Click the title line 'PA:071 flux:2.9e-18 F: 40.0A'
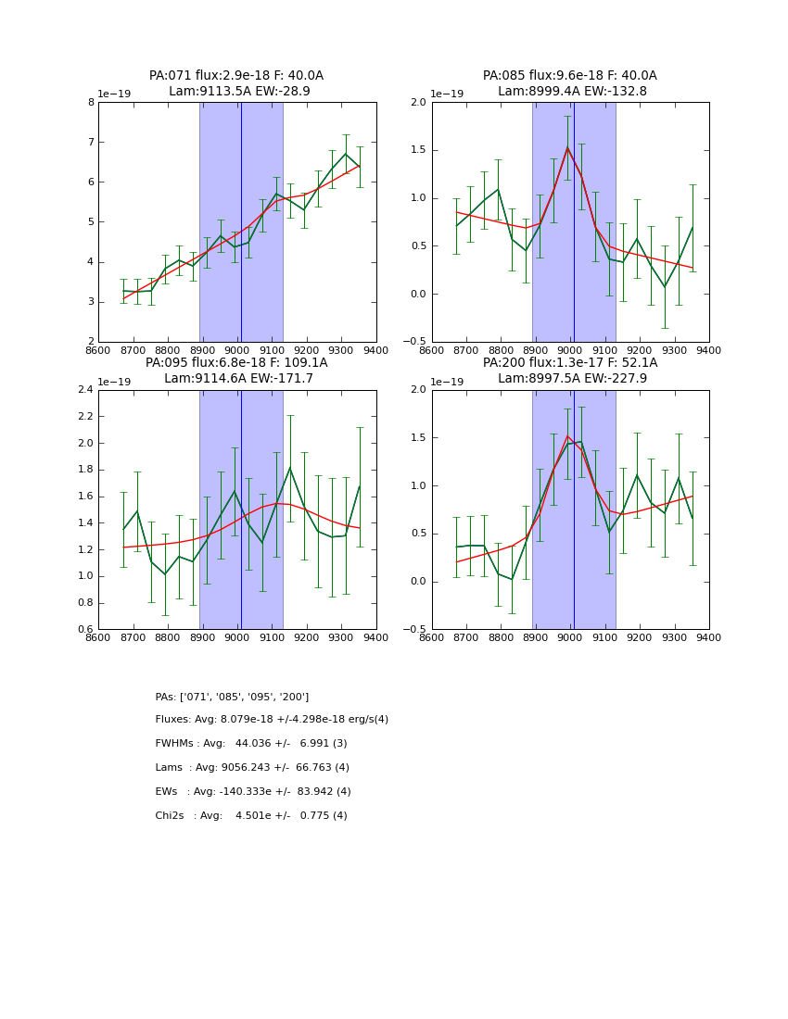[236, 76]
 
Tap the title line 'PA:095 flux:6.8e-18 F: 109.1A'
[236, 363]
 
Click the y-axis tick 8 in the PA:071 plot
[91, 103]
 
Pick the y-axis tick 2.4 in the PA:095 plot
[85, 390]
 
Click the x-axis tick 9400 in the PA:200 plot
[709, 637]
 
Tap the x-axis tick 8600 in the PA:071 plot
[98, 350]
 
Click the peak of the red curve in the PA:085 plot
[567, 147]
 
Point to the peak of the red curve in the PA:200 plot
[567, 436]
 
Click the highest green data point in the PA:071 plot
[346, 154]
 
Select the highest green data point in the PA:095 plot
[290, 468]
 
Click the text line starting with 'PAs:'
[232, 697]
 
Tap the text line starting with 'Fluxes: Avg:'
[272, 720]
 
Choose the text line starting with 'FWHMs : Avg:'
[251, 744]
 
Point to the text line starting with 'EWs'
[253, 792]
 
